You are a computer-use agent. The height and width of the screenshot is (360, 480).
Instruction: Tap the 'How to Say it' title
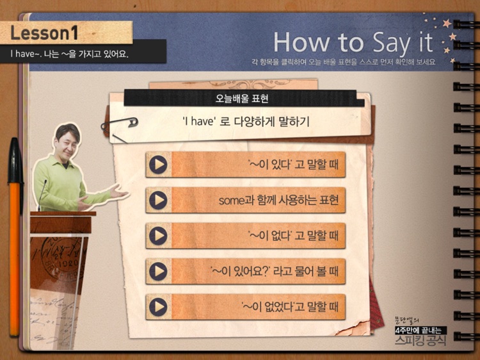click(x=353, y=43)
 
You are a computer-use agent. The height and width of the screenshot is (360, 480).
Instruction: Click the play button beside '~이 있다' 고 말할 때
click(x=157, y=165)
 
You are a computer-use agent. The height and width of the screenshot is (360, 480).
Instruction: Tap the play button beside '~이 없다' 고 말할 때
click(x=157, y=236)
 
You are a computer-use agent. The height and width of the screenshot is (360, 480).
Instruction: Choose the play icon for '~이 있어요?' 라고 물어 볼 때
click(x=157, y=272)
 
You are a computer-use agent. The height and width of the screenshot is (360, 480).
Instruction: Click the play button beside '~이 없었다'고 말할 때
click(x=157, y=307)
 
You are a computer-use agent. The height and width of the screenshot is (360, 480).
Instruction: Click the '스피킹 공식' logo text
click(x=420, y=339)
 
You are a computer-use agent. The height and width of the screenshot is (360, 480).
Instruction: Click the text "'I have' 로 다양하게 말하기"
click(x=246, y=120)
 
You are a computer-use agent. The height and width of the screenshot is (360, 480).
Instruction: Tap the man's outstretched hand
click(x=116, y=190)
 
